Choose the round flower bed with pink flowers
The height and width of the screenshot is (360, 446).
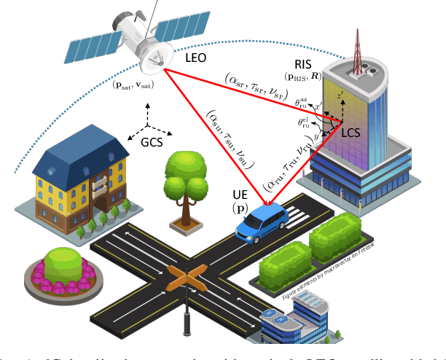click(x=61, y=267)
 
